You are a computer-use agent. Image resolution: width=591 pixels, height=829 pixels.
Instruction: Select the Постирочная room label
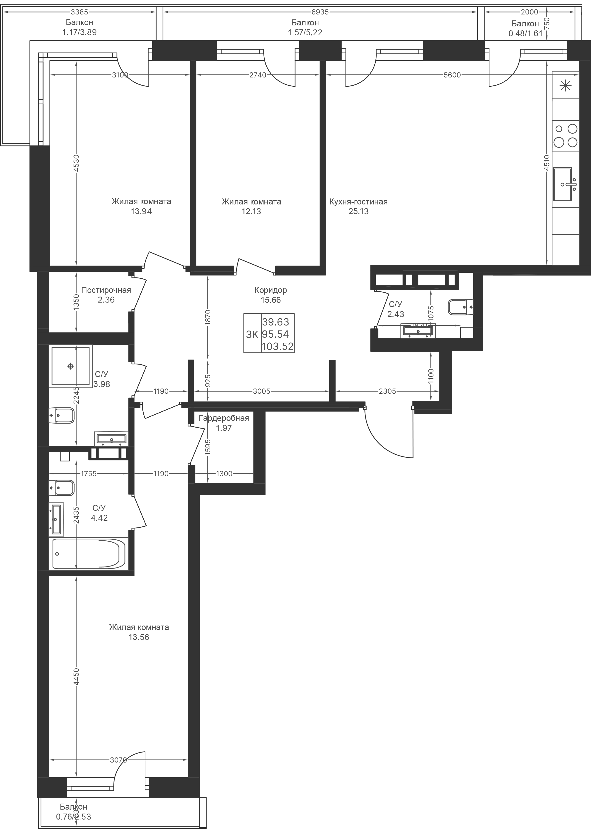click(106, 290)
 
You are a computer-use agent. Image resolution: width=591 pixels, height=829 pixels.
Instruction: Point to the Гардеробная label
click(224, 418)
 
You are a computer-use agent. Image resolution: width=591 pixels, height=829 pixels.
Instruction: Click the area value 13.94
click(141, 211)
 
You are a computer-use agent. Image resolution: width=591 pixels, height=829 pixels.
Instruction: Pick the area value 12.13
click(251, 211)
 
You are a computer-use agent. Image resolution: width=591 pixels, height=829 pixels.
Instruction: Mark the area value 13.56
click(139, 637)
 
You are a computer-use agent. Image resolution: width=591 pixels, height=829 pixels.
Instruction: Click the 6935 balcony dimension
click(320, 12)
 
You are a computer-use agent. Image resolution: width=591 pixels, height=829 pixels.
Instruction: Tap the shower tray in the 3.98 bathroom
click(71, 366)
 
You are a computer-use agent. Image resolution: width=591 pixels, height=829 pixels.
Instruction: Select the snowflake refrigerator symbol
click(565, 86)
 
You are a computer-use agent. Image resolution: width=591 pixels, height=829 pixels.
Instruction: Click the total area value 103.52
click(278, 346)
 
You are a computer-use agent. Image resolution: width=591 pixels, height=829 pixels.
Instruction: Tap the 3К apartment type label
click(252, 334)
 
